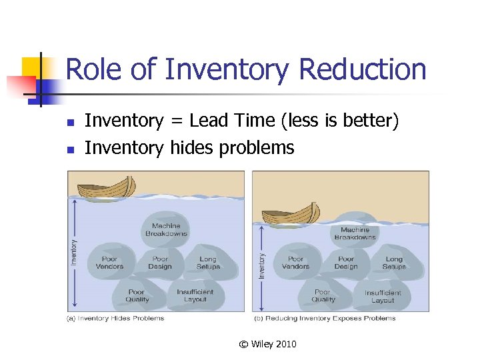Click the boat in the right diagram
pyautogui.click(x=291, y=215)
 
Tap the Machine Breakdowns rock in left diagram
pyautogui.click(x=167, y=230)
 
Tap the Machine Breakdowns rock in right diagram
pyautogui.click(x=355, y=233)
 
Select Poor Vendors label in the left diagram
pyautogui.click(x=109, y=263)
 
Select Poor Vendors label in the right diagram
pyautogui.click(x=295, y=263)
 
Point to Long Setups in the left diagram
pyautogui.click(x=208, y=263)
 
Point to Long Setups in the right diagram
pyautogui.click(x=394, y=263)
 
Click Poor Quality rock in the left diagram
pyautogui.click(x=137, y=295)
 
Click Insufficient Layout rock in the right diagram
pyautogui.click(x=383, y=296)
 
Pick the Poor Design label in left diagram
pyautogui.click(x=160, y=263)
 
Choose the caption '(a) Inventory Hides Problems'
pyautogui.click(x=115, y=319)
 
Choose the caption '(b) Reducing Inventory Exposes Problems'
pyautogui.click(x=331, y=319)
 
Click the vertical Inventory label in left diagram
pyautogui.click(x=74, y=252)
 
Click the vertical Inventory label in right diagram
pyautogui.click(x=262, y=265)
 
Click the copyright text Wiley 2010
pyautogui.click(x=268, y=344)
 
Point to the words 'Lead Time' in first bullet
pyautogui.click(x=222, y=121)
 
